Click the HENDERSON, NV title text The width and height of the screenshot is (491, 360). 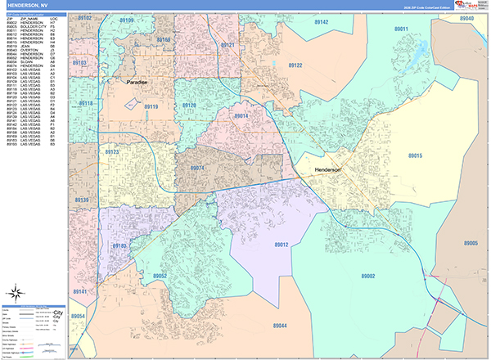30,5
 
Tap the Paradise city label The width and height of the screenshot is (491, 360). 138,83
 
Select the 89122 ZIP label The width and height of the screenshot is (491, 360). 294,65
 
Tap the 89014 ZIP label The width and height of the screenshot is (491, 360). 241,116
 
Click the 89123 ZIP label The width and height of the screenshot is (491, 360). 112,152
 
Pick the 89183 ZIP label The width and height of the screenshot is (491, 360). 119,245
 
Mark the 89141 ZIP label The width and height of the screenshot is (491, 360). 80,291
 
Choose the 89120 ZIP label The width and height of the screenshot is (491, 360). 189,106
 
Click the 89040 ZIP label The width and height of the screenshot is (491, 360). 466,18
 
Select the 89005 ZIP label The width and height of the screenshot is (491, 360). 469,244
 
